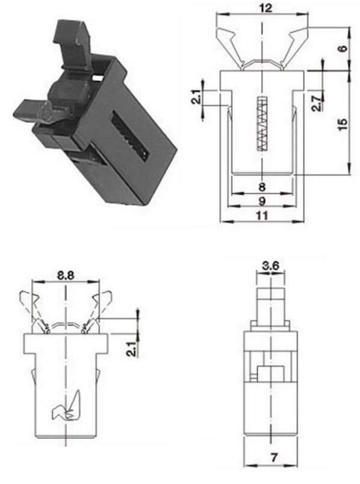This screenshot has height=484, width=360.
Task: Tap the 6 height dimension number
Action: (x=343, y=48)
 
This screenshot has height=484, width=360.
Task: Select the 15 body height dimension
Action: (x=343, y=124)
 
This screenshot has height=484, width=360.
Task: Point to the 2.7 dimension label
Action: (x=317, y=103)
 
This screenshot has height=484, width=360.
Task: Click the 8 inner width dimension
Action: (x=262, y=187)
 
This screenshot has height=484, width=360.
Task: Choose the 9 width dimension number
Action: (x=262, y=201)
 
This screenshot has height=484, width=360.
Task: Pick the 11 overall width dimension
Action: (x=262, y=216)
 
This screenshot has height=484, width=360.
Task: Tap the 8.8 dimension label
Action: (x=66, y=275)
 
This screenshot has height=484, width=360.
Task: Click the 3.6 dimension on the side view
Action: (x=270, y=265)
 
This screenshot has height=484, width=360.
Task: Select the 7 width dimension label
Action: (x=274, y=457)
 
